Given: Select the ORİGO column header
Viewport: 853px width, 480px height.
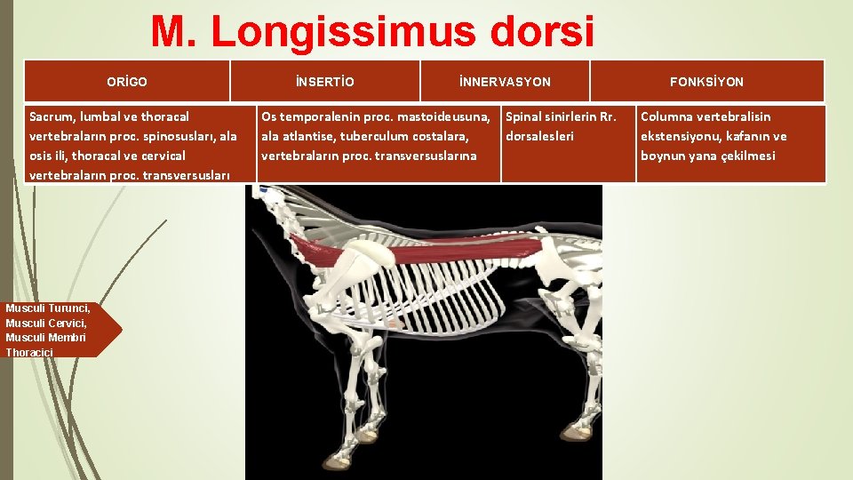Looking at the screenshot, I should (127, 82).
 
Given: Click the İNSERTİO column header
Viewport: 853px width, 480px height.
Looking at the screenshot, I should (324, 82).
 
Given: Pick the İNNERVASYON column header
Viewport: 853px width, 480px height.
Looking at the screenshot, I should (505, 82).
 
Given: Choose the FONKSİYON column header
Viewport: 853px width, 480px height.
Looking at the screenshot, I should (706, 82).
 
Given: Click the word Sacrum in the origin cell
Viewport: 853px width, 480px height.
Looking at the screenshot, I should (51, 116).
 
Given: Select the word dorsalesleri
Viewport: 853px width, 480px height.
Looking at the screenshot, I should (539, 136).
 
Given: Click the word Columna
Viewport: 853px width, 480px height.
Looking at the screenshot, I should (667, 116).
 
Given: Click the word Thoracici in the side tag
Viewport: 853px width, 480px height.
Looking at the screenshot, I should (29, 353).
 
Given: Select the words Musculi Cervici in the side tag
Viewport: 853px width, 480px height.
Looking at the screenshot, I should (45, 323).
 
